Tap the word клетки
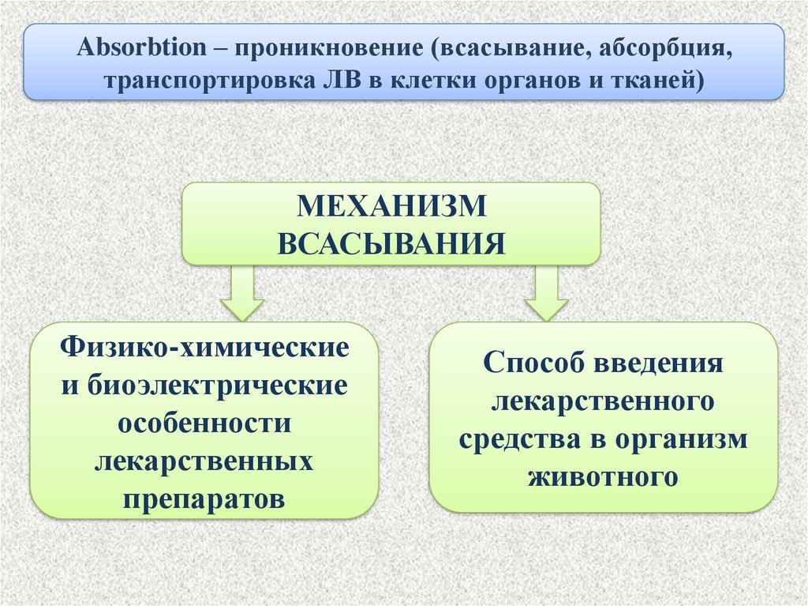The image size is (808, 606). [418, 80]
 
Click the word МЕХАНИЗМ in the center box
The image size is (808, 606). [391, 208]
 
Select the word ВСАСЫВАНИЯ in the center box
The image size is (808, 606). [391, 243]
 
